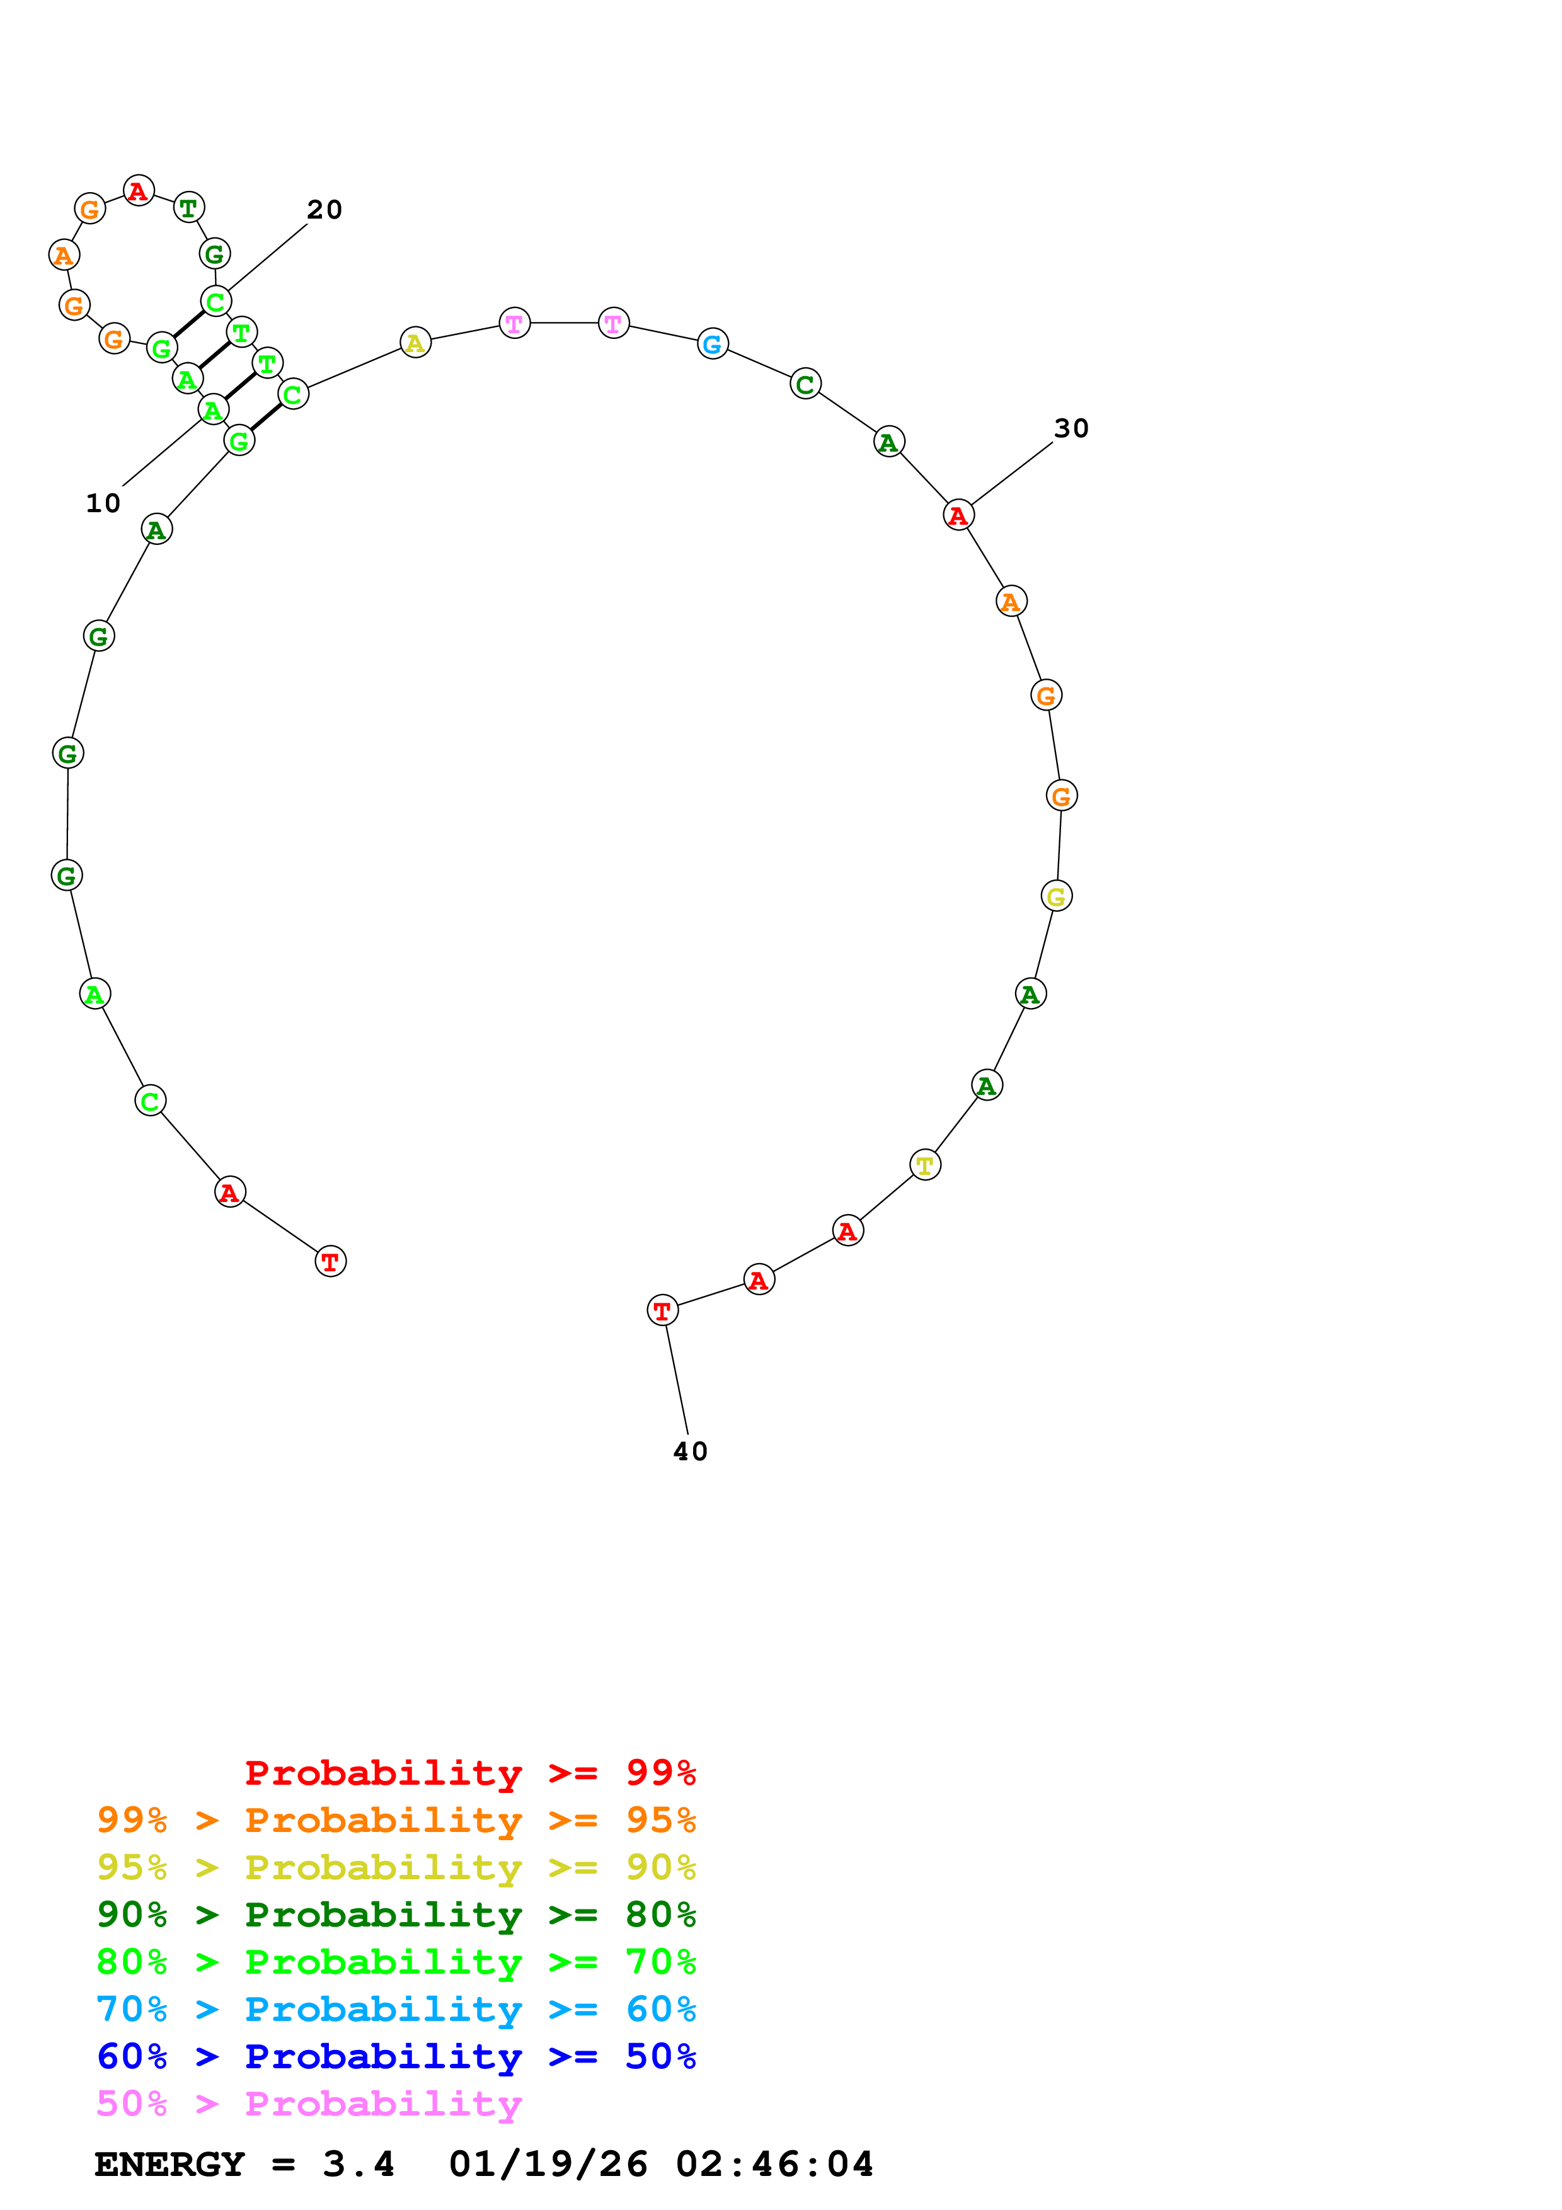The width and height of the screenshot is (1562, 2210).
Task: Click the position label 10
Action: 103,503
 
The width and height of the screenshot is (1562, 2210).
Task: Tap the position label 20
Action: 324,210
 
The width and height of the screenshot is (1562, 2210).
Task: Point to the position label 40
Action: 690,1451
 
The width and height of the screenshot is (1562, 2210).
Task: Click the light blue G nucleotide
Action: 712,343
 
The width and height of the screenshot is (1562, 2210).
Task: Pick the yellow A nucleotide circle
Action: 415,343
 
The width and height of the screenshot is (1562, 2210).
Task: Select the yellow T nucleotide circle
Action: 925,1165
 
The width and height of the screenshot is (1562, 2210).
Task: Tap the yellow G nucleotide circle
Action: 1057,896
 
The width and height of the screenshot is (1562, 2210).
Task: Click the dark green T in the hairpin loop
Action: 188,207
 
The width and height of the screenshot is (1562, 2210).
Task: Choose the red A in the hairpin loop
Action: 139,191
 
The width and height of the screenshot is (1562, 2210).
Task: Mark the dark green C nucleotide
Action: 805,384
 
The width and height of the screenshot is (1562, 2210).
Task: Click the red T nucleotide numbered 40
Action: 662,1310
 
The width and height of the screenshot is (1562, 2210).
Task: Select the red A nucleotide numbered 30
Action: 958,515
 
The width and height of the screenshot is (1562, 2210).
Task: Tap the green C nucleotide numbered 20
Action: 215,301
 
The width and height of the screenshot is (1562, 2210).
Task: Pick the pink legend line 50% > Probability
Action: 309,2103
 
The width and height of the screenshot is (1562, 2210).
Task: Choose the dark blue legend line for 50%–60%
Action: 396,2056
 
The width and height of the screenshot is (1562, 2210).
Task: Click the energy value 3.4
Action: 358,2165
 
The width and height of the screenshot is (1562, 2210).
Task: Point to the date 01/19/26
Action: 548,2165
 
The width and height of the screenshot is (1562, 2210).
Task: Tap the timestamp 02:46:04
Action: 774,2165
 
